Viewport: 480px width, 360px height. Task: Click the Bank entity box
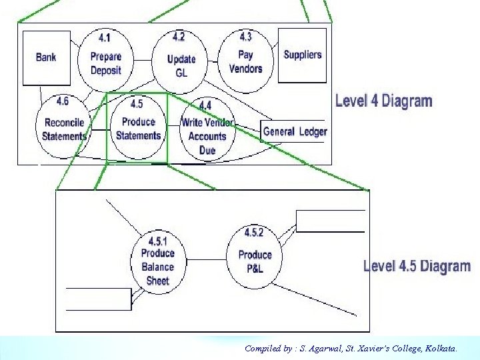click(x=46, y=57)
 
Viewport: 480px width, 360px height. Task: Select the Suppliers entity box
click(x=302, y=55)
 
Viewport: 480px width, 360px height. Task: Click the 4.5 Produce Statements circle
click(x=138, y=125)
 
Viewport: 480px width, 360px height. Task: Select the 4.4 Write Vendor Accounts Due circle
click(x=207, y=129)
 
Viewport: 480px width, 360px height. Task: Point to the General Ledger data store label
click(x=295, y=131)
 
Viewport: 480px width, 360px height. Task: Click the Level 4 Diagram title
click(x=383, y=101)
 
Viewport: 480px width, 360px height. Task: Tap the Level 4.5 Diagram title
click(x=417, y=266)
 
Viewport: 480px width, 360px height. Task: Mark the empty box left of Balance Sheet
click(x=98, y=299)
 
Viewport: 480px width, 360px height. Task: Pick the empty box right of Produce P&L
click(x=331, y=221)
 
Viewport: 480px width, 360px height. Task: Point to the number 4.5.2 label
click(x=254, y=233)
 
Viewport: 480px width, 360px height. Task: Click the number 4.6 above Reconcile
click(x=63, y=101)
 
